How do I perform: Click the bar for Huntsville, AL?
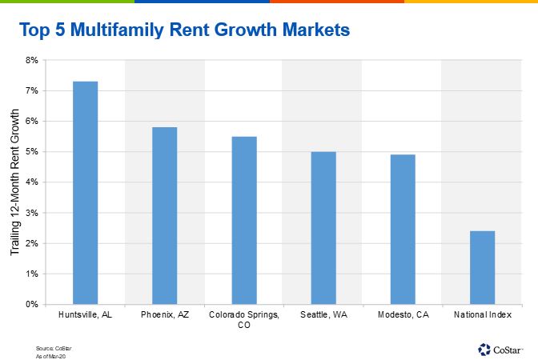click(x=85, y=192)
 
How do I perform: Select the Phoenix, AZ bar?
click(x=164, y=215)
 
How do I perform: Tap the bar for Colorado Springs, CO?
click(x=244, y=220)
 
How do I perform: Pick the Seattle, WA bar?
click(x=323, y=227)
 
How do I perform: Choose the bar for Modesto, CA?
click(x=403, y=229)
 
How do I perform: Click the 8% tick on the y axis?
click(x=31, y=60)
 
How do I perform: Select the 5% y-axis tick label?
click(x=31, y=151)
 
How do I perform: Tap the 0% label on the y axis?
click(x=31, y=304)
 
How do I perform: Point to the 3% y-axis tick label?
click(x=31, y=213)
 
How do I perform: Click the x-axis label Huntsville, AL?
click(x=85, y=315)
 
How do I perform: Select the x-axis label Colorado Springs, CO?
click(x=244, y=320)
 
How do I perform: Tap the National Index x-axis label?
click(x=482, y=315)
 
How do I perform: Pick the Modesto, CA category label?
click(x=403, y=315)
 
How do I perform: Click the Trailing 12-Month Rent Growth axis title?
click(x=14, y=183)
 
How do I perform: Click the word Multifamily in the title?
click(x=114, y=31)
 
